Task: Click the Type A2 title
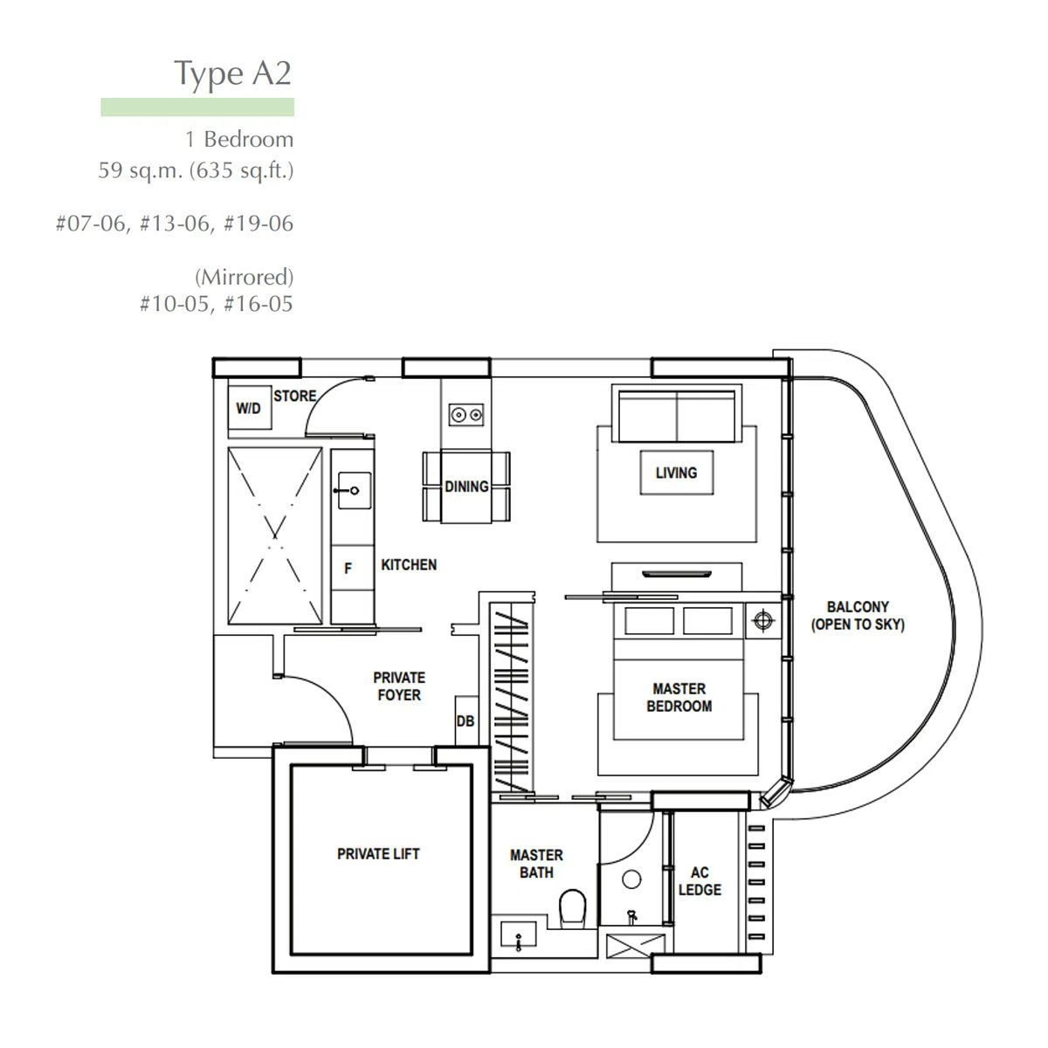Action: (232, 75)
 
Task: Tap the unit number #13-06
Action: (174, 223)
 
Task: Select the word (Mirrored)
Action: (245, 277)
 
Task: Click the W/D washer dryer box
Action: (249, 407)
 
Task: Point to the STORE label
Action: (295, 396)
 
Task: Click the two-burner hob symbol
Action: (466, 415)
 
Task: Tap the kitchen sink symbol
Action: (354, 490)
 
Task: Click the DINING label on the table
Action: (466, 486)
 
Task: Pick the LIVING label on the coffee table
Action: (676, 472)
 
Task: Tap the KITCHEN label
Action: (409, 565)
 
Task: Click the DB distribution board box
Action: (466, 720)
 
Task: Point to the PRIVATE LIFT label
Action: (378, 854)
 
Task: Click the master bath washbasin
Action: (518, 934)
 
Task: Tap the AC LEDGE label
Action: (700, 881)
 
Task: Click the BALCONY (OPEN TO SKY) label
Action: (858, 615)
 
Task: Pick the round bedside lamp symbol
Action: (763, 620)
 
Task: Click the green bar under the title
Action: (197, 107)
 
